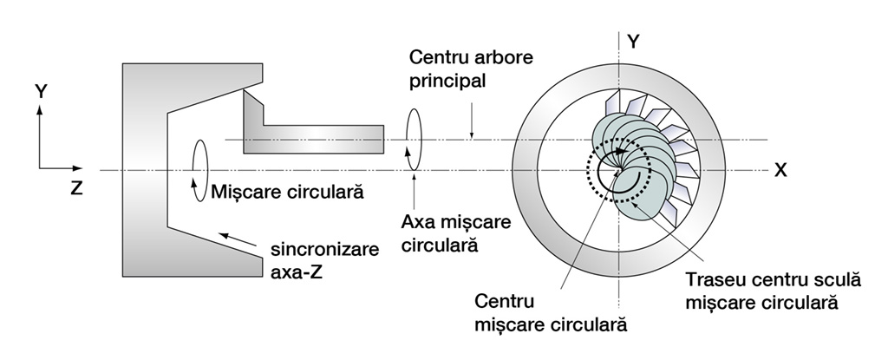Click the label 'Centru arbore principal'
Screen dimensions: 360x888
pyautogui.click(x=472, y=70)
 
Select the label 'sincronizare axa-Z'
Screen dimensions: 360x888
pyautogui.click(x=324, y=259)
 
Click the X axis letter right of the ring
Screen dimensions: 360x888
pyautogui.click(x=781, y=170)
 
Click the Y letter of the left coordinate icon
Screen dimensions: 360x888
pyautogui.click(x=40, y=89)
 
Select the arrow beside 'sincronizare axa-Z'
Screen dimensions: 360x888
pyautogui.click(x=238, y=239)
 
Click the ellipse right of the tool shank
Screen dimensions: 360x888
pyautogui.click(x=414, y=137)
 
